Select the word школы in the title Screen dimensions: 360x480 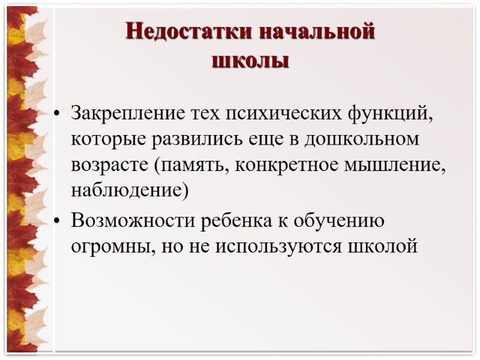tap(251, 61)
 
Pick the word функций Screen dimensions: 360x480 tap(390, 113)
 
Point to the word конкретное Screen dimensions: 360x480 tap(291, 165)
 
